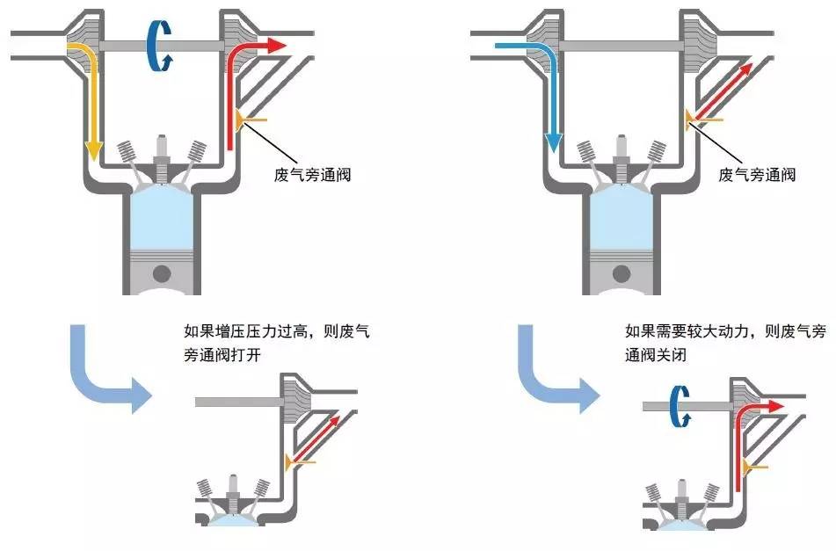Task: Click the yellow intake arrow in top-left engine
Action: (90, 105)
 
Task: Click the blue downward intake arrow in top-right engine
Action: (553, 105)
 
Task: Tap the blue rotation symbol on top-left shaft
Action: (159, 45)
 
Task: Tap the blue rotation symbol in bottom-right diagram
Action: (679, 406)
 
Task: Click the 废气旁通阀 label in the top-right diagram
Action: (757, 174)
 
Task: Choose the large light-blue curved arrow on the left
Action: (97, 369)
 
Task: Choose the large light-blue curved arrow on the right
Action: (545, 369)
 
